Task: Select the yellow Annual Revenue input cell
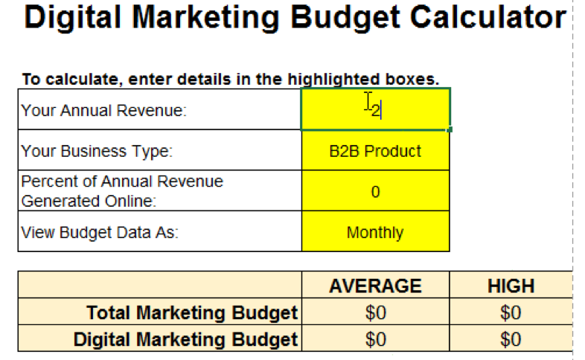point(375,109)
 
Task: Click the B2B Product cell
point(375,152)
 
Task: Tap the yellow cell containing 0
point(375,192)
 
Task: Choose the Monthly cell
point(375,233)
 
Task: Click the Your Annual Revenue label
point(104,111)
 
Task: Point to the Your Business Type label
point(97,152)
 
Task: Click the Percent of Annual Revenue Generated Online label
point(122,191)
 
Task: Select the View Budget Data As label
point(100,233)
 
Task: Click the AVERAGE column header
point(375,286)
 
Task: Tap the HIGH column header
point(511,286)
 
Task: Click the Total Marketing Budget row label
point(192,313)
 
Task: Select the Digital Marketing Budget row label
point(185,340)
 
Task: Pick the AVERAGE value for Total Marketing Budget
point(375,313)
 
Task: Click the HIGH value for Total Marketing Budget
point(511,313)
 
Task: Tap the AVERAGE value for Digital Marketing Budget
point(375,340)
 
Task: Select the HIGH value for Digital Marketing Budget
point(511,340)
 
